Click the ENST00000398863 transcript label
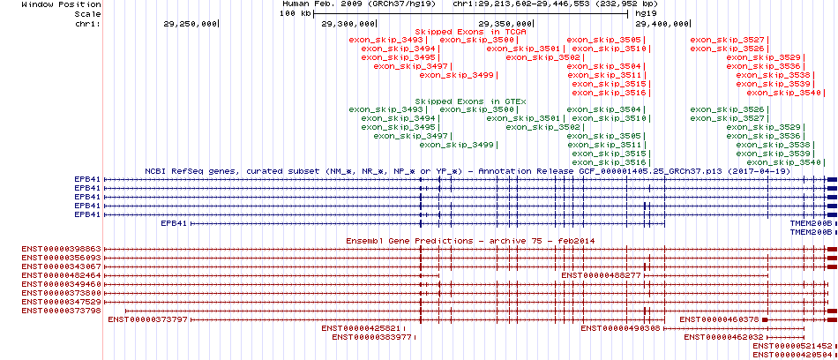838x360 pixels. tap(62, 250)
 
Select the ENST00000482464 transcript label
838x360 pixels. tap(62, 275)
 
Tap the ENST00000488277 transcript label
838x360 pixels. tap(602, 275)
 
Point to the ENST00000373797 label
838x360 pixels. tap(148, 320)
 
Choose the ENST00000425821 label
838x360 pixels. tap(362, 328)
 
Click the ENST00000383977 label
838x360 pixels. tap(372, 337)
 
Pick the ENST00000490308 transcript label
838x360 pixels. tap(620, 328)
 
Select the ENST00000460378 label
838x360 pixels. tap(719, 320)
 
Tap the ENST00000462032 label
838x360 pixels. tap(723, 337)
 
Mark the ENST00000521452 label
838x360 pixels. tap(793, 346)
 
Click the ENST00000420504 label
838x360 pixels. tap(793, 355)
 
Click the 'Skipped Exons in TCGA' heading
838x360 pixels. tap(471, 32)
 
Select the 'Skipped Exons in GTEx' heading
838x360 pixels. tap(471, 101)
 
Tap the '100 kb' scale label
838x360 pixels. tap(296, 13)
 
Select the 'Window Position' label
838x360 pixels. tap(62, 4)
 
